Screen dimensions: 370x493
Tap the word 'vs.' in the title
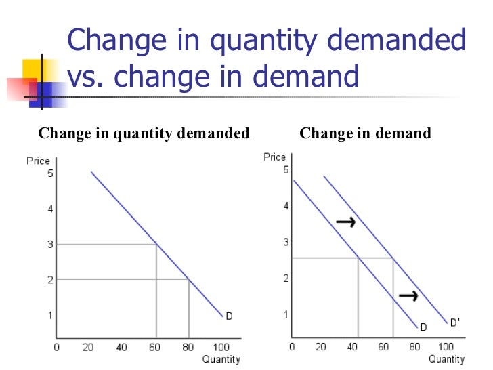(87, 77)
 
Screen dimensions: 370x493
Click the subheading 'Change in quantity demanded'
(144, 133)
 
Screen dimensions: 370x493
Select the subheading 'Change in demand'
(365, 133)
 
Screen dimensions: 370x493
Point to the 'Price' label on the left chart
(39, 161)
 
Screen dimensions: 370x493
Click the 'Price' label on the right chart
(275, 157)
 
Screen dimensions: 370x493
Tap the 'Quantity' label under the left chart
(221, 359)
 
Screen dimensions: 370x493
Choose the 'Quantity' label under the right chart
(446, 359)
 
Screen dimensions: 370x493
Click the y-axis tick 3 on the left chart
(49, 244)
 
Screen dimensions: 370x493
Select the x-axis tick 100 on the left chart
(221, 348)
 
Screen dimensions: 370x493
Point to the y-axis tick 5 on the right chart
(286, 169)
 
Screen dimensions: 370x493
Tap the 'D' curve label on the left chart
(229, 316)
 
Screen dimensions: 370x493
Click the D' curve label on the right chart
(455, 323)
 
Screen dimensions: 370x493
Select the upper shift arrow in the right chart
(345, 222)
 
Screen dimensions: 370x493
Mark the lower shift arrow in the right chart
(408, 295)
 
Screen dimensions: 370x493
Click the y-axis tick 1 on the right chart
(286, 314)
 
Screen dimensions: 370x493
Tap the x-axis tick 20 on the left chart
(88, 348)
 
